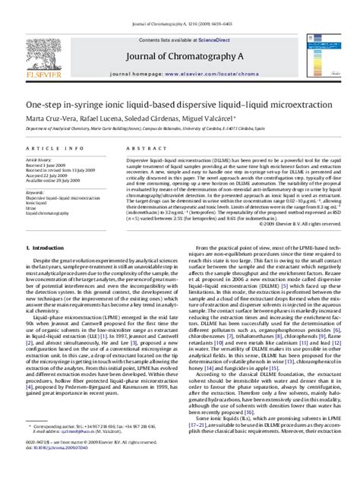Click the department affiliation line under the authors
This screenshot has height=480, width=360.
(159, 109)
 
